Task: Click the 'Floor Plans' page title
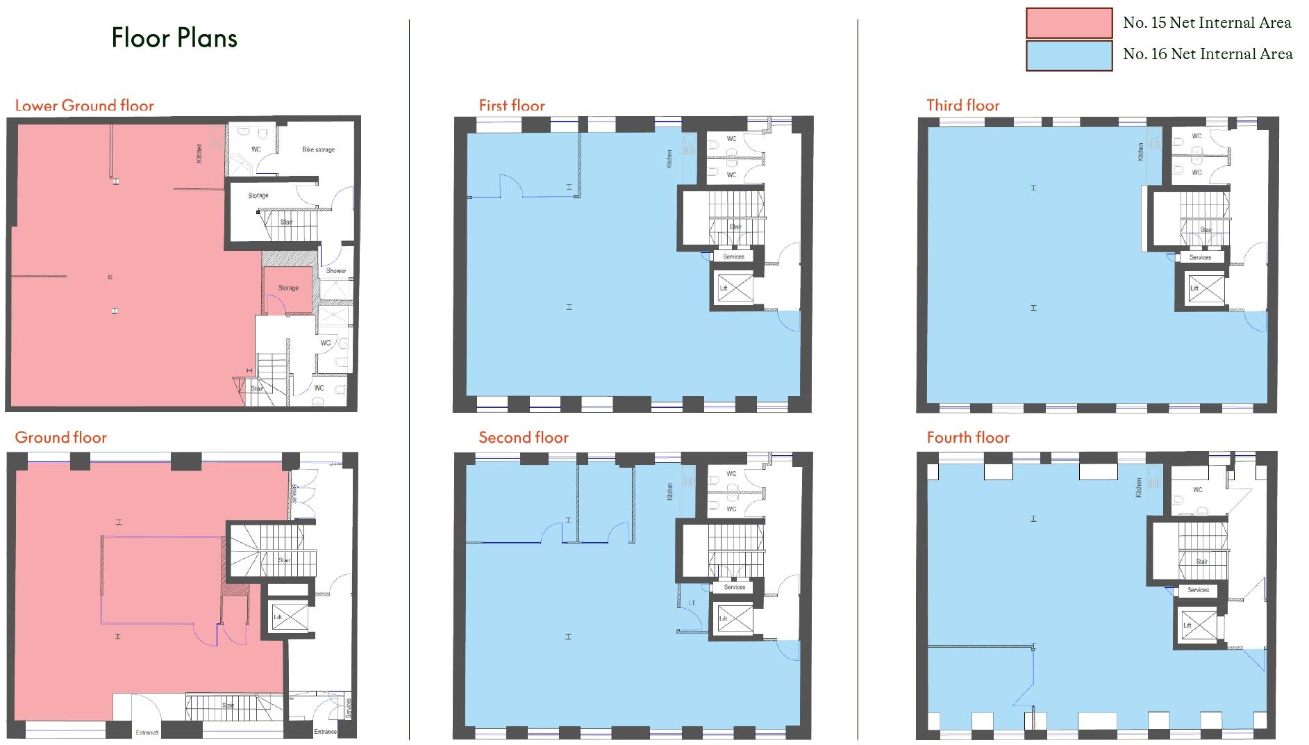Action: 174,38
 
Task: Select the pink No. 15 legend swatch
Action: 1069,23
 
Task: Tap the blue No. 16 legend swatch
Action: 1069,55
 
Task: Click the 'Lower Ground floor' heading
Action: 84,106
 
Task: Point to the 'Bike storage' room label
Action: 318,149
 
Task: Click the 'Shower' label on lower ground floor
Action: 336,271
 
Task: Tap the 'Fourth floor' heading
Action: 967,437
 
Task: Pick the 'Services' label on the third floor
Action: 1200,257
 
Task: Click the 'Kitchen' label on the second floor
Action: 669,491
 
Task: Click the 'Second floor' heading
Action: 523,437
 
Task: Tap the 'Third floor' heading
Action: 962,106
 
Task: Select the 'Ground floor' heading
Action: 60,437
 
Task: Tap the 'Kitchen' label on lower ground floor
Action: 199,153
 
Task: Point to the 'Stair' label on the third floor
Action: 1206,230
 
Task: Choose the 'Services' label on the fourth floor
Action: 1198,590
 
